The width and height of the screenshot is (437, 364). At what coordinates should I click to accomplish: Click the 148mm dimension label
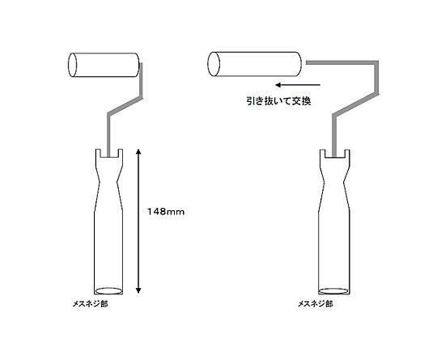click(166, 212)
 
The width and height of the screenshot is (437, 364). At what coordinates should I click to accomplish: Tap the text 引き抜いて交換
click(278, 100)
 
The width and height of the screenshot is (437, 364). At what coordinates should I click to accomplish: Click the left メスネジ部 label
click(90, 303)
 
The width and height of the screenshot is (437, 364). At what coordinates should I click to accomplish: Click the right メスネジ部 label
click(316, 303)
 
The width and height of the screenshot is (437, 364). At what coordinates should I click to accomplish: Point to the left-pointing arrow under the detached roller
click(297, 85)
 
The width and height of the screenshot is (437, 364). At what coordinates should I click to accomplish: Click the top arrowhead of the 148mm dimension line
click(138, 151)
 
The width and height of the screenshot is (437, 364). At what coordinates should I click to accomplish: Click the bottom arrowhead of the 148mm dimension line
click(138, 290)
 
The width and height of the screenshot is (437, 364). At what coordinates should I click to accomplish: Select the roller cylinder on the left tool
click(104, 65)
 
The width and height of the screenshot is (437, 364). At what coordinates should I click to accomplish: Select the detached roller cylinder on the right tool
click(254, 64)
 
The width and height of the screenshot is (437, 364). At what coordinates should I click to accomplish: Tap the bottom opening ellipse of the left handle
click(108, 290)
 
